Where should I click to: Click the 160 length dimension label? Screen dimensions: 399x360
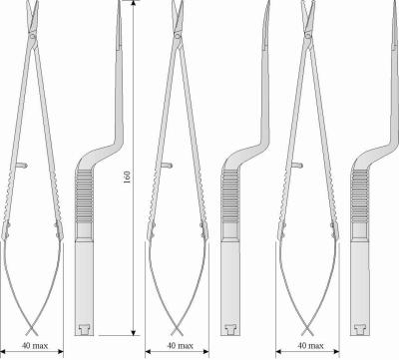(x=127, y=178)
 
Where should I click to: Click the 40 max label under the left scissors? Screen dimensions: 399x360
(x=35, y=346)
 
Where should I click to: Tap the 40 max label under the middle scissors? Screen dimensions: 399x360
(x=180, y=346)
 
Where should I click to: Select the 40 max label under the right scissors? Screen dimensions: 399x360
(x=310, y=346)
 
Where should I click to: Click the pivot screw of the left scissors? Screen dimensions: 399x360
(x=32, y=36)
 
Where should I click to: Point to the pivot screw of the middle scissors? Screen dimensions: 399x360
(x=178, y=36)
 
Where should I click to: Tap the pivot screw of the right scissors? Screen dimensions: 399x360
(x=307, y=36)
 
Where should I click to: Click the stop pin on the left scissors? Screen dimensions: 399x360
(x=22, y=165)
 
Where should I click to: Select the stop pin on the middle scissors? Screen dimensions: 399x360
(x=167, y=165)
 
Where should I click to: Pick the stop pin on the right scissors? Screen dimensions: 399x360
(x=297, y=165)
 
